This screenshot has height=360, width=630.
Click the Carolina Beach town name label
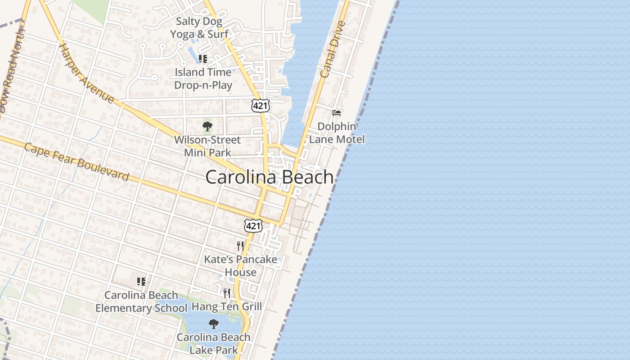270,177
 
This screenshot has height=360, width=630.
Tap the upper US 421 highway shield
261,105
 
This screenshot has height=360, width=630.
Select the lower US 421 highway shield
253,225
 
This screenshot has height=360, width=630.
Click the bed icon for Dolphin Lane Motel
337,112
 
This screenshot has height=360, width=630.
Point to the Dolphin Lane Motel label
337,133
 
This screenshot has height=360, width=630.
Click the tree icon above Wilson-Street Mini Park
207,126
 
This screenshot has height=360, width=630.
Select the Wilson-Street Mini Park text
207,146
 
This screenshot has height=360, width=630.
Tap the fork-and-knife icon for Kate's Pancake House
240,246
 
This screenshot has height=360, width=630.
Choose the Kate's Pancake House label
241,266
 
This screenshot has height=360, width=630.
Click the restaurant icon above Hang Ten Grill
227,293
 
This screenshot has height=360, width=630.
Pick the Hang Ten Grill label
227,307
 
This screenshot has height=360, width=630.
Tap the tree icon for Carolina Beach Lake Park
214,324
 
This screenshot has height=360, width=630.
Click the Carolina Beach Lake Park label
214,343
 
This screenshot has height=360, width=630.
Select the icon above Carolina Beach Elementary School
141,282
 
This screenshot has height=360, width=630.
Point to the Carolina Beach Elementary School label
141,301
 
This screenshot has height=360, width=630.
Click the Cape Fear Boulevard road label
76,162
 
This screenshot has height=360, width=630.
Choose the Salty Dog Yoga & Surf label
199,27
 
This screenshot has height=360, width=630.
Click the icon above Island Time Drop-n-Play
203,59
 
